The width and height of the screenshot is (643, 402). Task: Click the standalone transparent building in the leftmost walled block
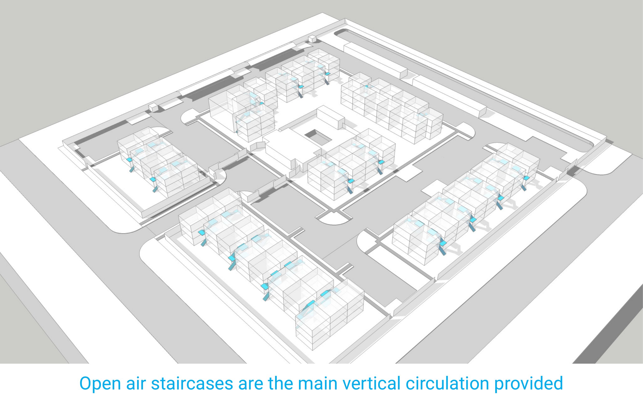pyautogui.click(x=158, y=162)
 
